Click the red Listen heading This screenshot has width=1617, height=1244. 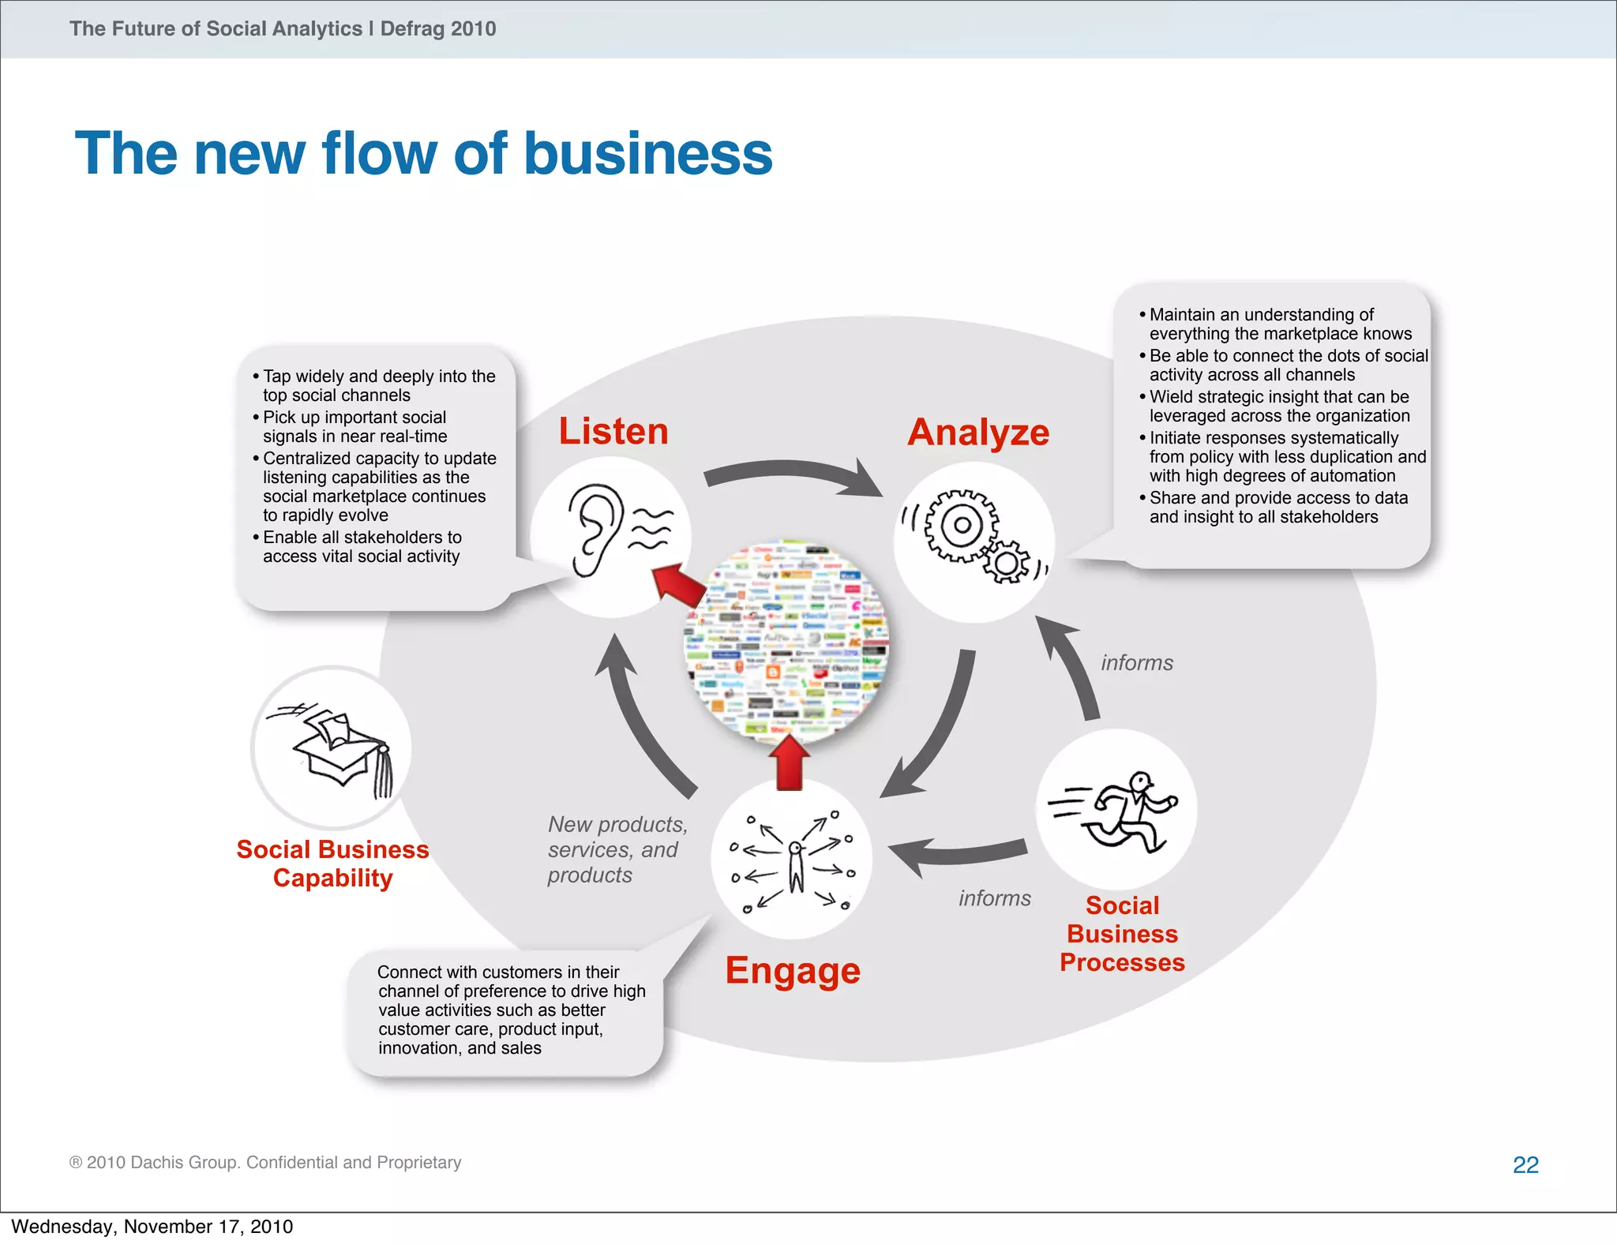point(613,432)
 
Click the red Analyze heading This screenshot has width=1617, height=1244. point(978,433)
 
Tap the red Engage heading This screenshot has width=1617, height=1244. point(793,970)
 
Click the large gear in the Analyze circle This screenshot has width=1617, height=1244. point(960,525)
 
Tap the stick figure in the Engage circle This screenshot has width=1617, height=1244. point(796,864)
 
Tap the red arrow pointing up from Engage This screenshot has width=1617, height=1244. point(789,762)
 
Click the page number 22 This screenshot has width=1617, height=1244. point(1525,1165)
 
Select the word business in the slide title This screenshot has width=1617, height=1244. point(647,153)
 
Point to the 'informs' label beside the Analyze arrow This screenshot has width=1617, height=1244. point(1137,663)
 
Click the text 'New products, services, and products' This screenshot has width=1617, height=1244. point(616,849)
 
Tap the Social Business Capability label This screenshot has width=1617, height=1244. point(332,864)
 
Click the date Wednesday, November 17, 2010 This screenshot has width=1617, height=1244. point(152,1227)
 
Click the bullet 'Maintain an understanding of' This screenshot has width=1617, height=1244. point(1261,315)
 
